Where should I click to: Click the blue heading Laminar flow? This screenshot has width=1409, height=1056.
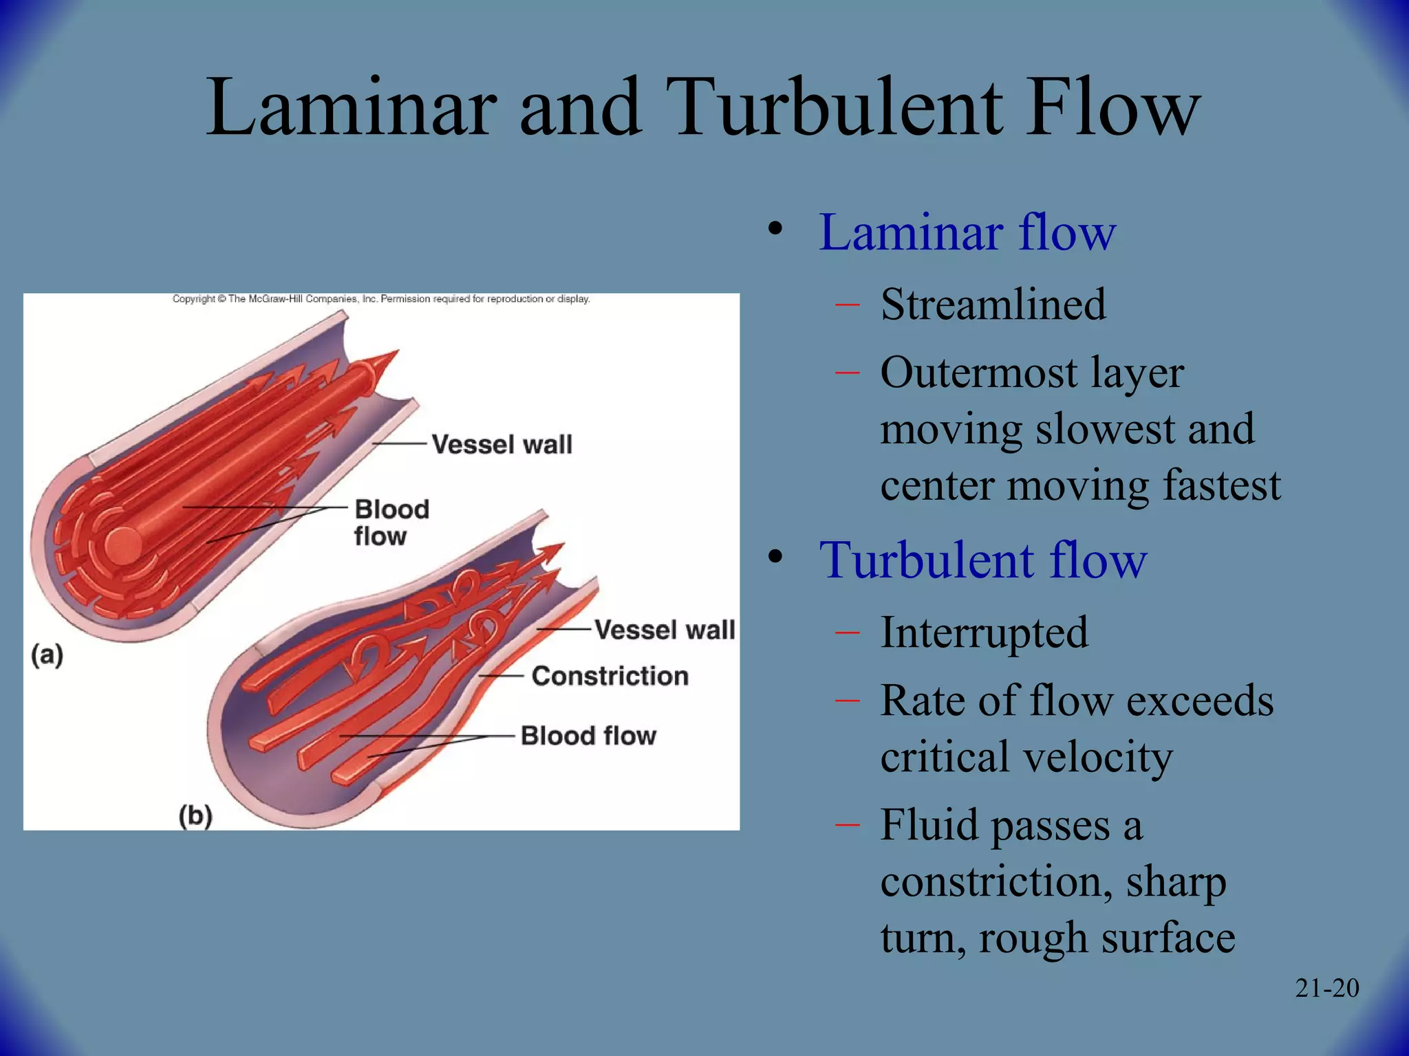pos(967,232)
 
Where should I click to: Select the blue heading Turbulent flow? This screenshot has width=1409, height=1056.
pos(982,560)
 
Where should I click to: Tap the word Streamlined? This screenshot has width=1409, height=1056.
pos(993,305)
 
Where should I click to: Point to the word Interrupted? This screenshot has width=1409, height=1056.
pos(984,632)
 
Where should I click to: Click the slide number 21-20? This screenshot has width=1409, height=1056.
pos(1326,988)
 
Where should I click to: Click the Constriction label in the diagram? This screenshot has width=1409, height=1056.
pos(610,676)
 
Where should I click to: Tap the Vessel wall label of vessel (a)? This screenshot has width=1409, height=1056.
pos(502,444)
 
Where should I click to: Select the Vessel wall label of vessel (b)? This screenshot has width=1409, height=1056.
pos(664,630)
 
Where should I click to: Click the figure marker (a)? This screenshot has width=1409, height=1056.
pos(47,654)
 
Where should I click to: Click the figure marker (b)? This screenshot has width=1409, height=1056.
pos(195,816)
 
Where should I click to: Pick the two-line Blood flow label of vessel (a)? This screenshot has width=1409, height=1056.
pos(390,522)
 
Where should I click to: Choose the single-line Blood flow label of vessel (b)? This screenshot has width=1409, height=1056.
pos(588,736)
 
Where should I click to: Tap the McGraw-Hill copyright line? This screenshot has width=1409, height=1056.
pos(380,299)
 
